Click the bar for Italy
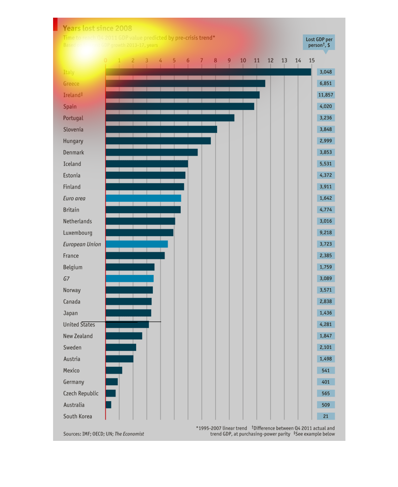[x=208, y=72]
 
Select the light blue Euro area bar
[x=143, y=198]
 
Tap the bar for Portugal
[x=170, y=118]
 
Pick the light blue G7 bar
[x=129, y=279]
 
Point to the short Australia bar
[x=109, y=405]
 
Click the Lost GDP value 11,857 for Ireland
[x=326, y=95]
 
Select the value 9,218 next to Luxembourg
[x=326, y=233]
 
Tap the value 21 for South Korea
[x=326, y=416]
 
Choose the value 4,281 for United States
[x=326, y=325]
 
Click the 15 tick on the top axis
[x=312, y=60]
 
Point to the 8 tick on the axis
[x=215, y=60]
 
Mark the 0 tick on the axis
[x=105, y=60]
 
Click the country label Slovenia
[x=73, y=130]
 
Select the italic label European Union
[x=82, y=244]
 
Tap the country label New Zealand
[x=78, y=336]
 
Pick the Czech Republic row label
[x=81, y=394]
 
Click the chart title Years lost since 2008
[x=97, y=28]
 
